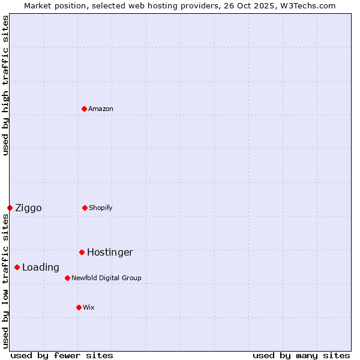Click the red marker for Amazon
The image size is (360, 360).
tap(84, 109)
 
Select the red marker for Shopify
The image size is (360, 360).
tap(85, 208)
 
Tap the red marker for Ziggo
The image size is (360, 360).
tap(10, 208)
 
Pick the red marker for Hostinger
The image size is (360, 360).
tap(82, 252)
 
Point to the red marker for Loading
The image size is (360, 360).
tap(17, 267)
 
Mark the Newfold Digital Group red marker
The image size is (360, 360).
tap(67, 278)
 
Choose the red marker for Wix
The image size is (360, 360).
tap(79, 307)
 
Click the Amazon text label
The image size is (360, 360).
tap(101, 109)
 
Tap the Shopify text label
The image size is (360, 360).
tap(101, 208)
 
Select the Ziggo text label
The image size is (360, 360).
tap(28, 208)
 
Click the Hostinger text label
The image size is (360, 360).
tap(110, 253)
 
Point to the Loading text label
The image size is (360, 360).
tap(41, 268)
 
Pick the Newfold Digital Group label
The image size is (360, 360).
tap(106, 278)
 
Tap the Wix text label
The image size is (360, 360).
tap(89, 307)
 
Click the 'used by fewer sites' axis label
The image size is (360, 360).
tap(62, 355)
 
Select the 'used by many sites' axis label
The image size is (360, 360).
tap(301, 355)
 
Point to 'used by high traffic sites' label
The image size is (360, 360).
tap(5, 85)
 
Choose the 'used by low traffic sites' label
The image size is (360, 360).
tap(5, 281)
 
